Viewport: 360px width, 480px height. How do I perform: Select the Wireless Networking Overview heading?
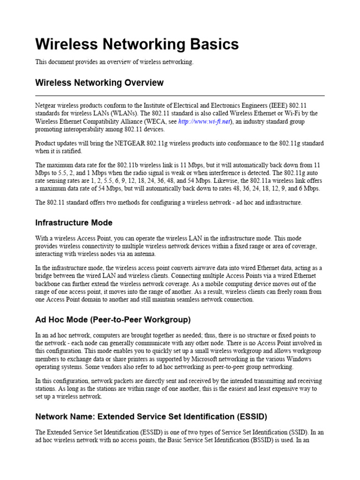click(x=99, y=83)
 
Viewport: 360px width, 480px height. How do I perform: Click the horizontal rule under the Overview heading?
click(x=180, y=96)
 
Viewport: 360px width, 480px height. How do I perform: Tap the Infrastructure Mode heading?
click(x=74, y=223)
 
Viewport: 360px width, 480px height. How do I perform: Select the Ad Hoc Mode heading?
click(x=113, y=320)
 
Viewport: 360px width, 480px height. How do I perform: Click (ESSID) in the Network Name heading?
click(x=249, y=416)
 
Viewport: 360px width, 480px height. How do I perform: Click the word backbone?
click(x=48, y=284)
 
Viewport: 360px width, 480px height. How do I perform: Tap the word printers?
click(x=107, y=359)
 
